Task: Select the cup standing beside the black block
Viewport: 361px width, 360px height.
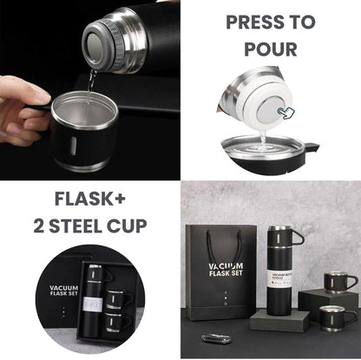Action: pyautogui.click(x=333, y=317)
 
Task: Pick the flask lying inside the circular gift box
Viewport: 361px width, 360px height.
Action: pyautogui.click(x=95, y=294)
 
